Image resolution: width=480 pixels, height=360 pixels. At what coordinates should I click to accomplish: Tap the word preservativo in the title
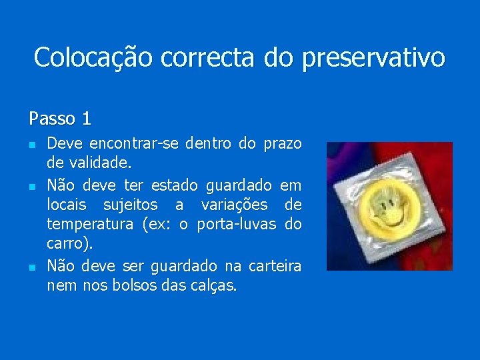(373, 57)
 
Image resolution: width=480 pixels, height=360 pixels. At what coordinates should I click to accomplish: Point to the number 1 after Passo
(86, 119)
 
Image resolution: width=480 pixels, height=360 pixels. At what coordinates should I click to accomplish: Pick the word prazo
(283, 143)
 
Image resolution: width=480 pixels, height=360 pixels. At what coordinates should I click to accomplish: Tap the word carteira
(275, 266)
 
